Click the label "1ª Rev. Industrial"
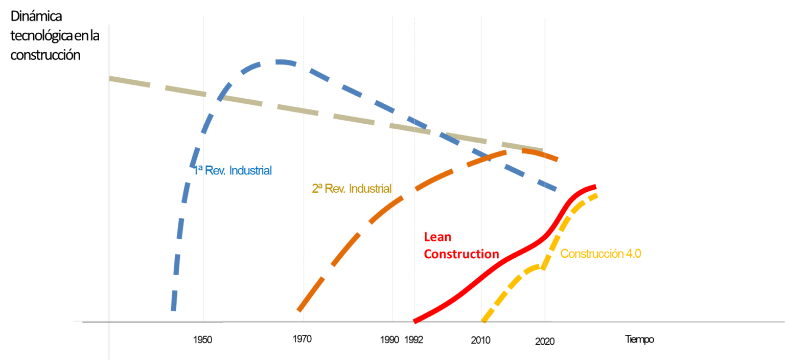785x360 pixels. (x=233, y=170)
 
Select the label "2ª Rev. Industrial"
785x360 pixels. (x=352, y=189)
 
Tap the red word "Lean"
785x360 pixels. (x=438, y=237)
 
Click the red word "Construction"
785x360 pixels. (x=461, y=254)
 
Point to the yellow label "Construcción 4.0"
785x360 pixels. (x=601, y=254)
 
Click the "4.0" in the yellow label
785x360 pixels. (x=633, y=254)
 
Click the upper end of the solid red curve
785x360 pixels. (x=595, y=186)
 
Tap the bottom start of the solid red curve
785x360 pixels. (x=414, y=321)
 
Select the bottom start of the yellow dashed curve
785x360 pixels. (x=484, y=321)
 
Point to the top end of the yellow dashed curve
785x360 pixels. (x=596, y=195)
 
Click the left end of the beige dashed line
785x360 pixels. (x=110, y=78)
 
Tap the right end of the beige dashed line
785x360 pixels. (x=543, y=150)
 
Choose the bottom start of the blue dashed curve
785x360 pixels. (x=173, y=309)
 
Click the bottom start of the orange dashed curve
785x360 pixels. (x=299, y=310)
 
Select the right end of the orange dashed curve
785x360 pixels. (x=558, y=159)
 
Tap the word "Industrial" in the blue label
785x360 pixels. (x=250, y=170)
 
